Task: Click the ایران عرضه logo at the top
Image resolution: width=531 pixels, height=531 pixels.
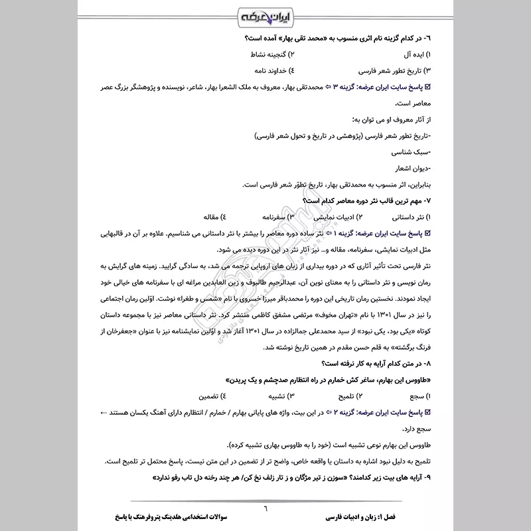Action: pyautogui.click(x=265, y=15)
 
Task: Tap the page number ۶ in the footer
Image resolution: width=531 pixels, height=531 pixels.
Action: pyautogui.click(x=264, y=506)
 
